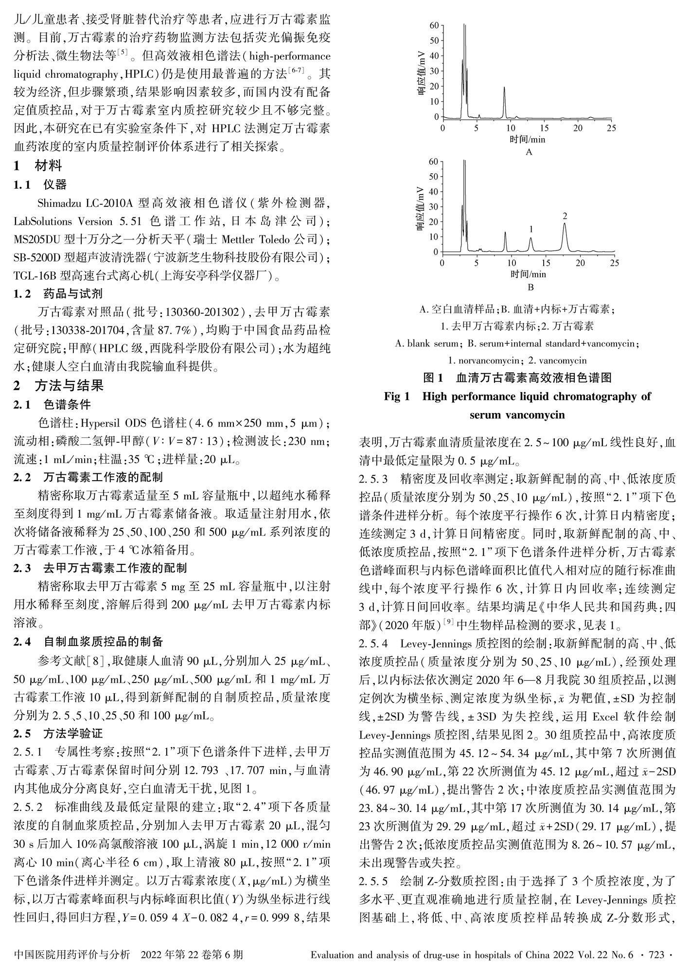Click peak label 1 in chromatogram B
coord(531,229)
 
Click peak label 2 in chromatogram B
coord(565,216)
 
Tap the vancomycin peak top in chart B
coord(565,224)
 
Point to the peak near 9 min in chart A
coord(504,88)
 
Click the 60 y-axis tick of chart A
coord(434,25)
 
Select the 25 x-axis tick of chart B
coord(615,263)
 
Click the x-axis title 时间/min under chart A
coord(528,140)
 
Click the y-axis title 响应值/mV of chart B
coord(422,208)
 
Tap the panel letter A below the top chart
coord(529,152)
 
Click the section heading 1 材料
coord(38,166)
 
